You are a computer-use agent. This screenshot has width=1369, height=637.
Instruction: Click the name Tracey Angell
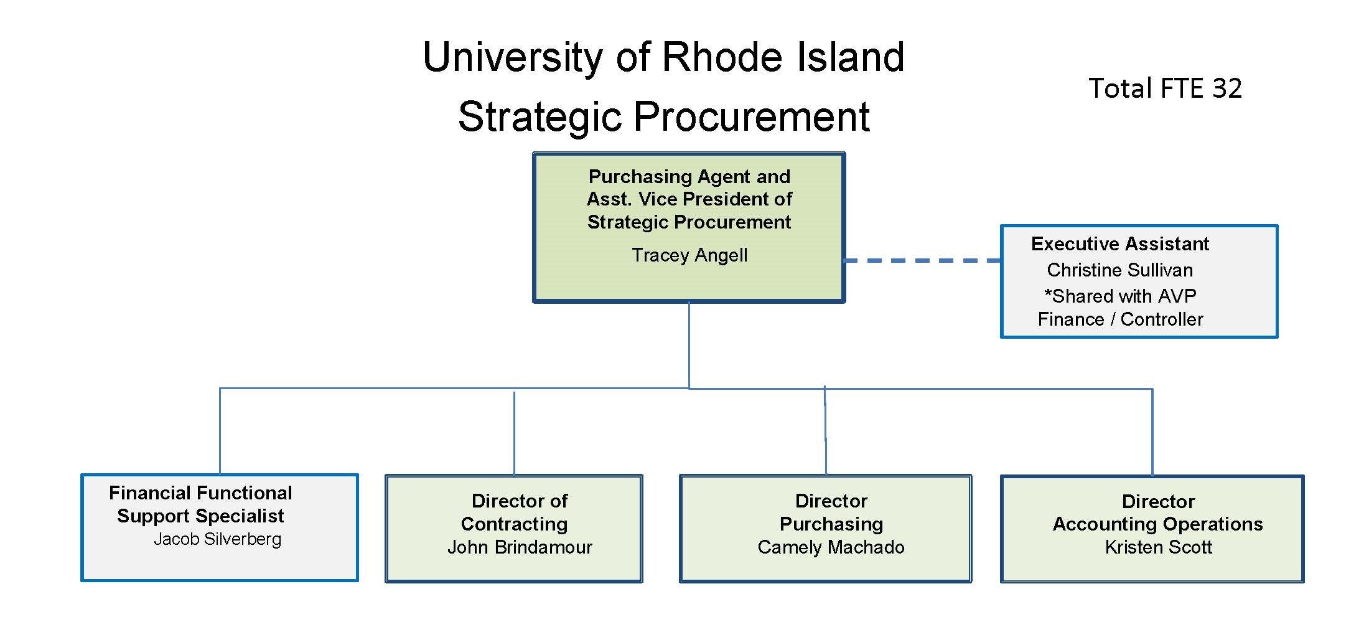click(x=689, y=255)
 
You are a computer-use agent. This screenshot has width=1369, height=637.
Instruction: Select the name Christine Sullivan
click(x=1119, y=270)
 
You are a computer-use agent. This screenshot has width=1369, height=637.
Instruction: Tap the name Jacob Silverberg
click(x=217, y=539)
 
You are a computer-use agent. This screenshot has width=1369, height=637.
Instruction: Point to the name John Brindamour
click(x=520, y=547)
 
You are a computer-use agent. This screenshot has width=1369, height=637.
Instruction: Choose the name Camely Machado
click(x=831, y=547)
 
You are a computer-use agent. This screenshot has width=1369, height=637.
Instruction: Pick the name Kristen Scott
click(x=1158, y=547)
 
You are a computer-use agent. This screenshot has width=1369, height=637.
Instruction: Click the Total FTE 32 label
click(x=1165, y=88)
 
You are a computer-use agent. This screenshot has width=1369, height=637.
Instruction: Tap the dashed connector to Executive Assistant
click(x=922, y=261)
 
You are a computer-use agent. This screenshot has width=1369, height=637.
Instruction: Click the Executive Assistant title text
click(x=1119, y=243)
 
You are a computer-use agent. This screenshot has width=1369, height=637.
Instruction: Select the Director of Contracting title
click(x=515, y=512)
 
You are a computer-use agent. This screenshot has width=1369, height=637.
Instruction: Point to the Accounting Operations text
click(x=1157, y=524)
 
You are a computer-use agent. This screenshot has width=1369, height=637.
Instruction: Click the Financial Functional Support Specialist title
click(x=200, y=504)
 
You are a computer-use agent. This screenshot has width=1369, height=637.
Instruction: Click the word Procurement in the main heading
click(x=751, y=116)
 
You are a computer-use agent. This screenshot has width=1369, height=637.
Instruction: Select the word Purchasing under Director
click(x=831, y=524)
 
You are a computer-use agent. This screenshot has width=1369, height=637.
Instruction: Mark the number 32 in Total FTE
click(x=1226, y=88)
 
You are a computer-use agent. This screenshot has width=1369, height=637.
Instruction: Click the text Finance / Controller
click(x=1120, y=319)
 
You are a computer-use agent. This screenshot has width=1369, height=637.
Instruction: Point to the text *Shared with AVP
click(x=1120, y=296)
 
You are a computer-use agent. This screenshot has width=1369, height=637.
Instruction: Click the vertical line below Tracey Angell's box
click(x=689, y=346)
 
